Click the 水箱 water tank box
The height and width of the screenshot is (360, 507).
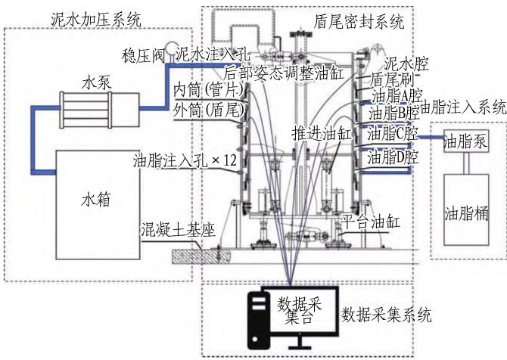click(x=98, y=205)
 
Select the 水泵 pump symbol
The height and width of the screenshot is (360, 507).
click(x=100, y=110)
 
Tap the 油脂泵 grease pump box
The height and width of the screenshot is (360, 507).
click(x=466, y=141)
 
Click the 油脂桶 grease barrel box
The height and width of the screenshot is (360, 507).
click(x=466, y=210)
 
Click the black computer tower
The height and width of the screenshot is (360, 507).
click(x=259, y=320)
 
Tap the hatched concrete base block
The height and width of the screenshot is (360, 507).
click(x=201, y=256)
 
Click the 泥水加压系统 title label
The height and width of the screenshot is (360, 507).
click(x=96, y=20)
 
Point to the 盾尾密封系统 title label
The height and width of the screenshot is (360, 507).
click(x=359, y=22)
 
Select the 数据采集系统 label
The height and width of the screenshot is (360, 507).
click(x=387, y=315)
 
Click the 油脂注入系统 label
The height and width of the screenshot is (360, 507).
click(x=463, y=107)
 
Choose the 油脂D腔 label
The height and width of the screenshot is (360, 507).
click(x=393, y=157)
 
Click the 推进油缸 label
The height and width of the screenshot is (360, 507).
click(x=322, y=133)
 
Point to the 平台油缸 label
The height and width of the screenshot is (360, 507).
click(x=371, y=222)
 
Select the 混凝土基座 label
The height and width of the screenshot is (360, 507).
click(x=178, y=230)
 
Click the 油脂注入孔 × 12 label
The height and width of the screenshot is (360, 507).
click(x=185, y=160)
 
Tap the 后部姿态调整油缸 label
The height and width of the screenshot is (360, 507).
click(x=284, y=73)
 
